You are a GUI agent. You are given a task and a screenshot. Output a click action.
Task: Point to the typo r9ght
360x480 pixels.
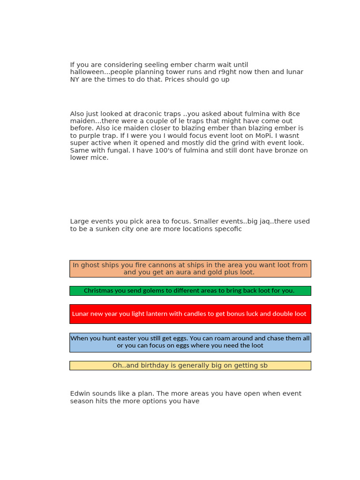pyautogui.click(x=228, y=72)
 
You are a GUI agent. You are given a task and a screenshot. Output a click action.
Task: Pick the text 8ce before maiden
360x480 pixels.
pyautogui.click(x=294, y=114)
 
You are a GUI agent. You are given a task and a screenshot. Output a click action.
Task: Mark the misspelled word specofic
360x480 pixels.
pyautogui.click(x=226, y=229)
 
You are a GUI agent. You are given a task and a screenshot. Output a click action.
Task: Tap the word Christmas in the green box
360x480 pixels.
pyautogui.click(x=99, y=291)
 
